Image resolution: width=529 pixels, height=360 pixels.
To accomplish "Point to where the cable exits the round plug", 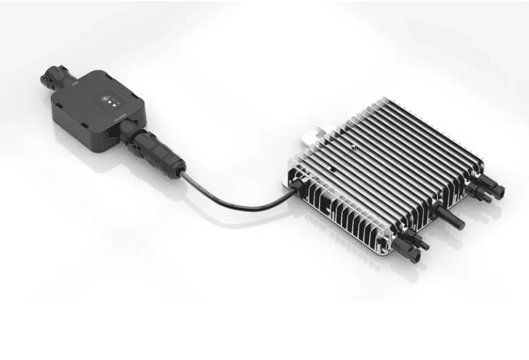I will coord(183,170).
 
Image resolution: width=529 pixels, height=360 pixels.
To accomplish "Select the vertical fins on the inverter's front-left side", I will coord(328,199).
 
